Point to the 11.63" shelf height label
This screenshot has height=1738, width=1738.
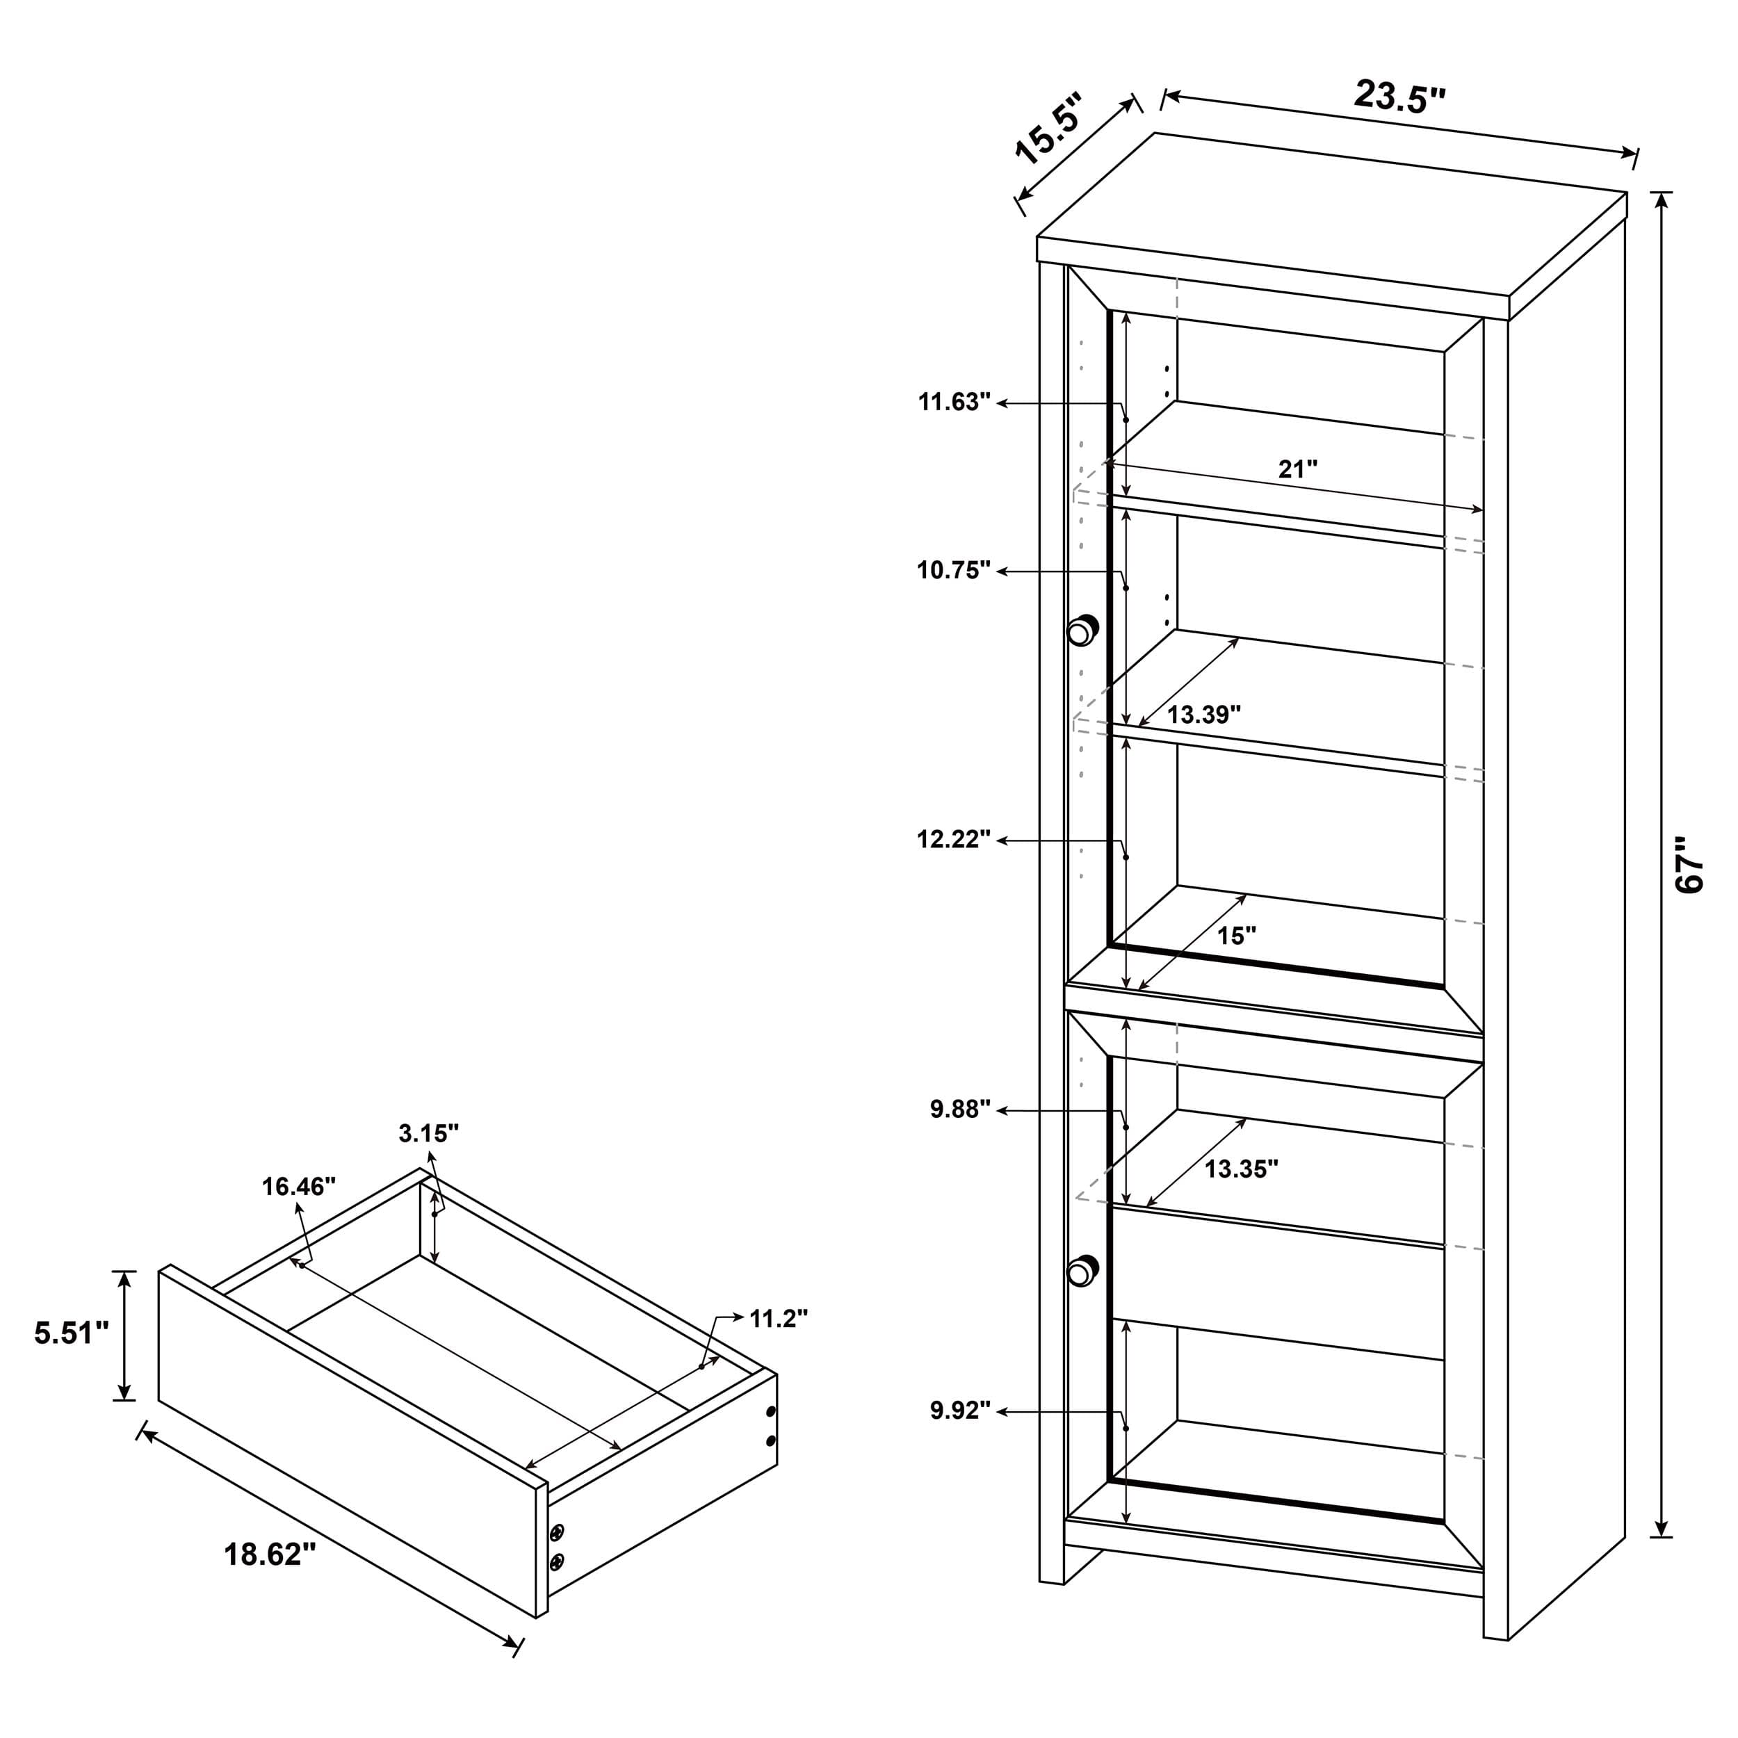pyautogui.click(x=954, y=401)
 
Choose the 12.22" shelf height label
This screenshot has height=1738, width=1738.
pyautogui.click(x=954, y=839)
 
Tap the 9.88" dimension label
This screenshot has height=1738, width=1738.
pyautogui.click(x=960, y=1109)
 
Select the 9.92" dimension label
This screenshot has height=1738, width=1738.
pyautogui.click(x=960, y=1410)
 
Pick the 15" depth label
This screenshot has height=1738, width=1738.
pyautogui.click(x=1236, y=936)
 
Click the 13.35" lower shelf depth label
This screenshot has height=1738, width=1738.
pyautogui.click(x=1242, y=1169)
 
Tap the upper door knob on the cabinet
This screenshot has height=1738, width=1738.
pyautogui.click(x=1082, y=630)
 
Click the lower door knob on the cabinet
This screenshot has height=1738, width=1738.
pyautogui.click(x=1082, y=1270)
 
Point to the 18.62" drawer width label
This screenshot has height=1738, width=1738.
pyautogui.click(x=270, y=1554)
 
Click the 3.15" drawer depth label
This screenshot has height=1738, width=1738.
pyautogui.click(x=428, y=1133)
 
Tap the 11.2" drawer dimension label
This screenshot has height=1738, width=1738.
pyautogui.click(x=778, y=1318)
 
